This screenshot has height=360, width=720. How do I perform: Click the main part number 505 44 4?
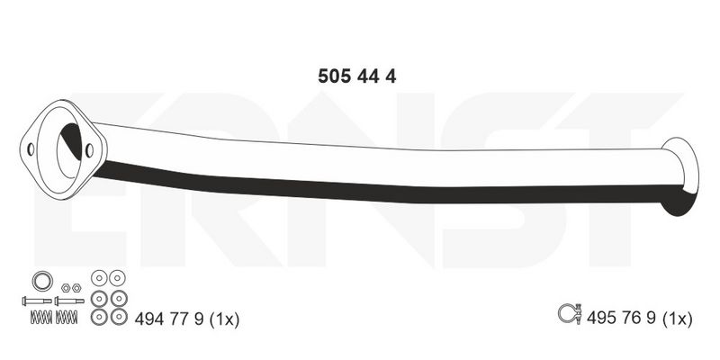click(356, 76)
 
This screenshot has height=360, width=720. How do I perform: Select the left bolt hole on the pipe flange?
click(31, 149)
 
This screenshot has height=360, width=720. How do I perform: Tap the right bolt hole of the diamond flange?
click(89, 150)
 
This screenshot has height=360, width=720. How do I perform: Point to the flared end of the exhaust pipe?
click(680, 175)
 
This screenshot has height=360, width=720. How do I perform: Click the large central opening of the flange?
click(70, 150)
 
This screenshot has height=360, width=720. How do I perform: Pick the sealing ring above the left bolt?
click(42, 281)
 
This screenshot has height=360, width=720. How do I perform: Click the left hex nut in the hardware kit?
click(66, 288)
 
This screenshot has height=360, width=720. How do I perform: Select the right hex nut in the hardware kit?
click(76, 288)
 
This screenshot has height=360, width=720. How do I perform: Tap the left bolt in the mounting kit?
click(37, 301)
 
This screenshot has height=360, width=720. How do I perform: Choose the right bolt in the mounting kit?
click(69, 301)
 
